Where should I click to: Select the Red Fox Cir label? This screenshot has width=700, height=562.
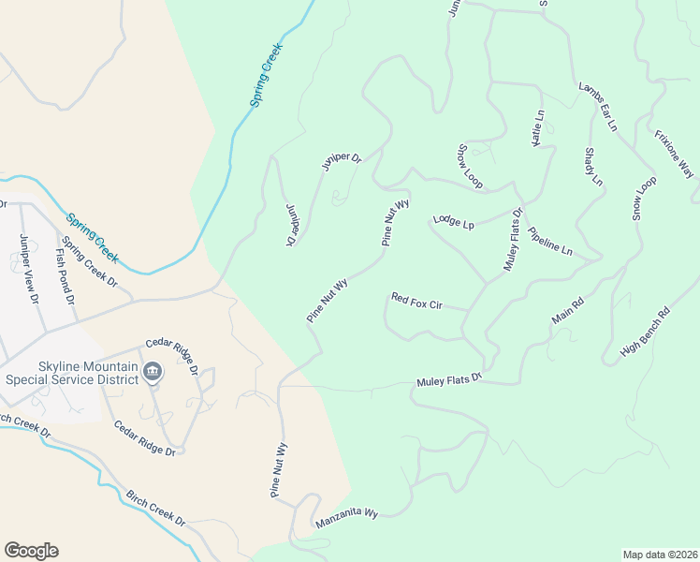coord(416,303)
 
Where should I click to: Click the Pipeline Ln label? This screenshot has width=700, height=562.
coord(549,241)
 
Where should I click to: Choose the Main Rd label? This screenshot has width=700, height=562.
coord(568,311)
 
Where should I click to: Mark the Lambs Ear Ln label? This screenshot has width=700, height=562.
coord(598,106)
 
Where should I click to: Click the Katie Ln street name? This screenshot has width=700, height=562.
coord(537,127)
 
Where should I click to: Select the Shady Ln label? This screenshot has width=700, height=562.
coord(592,167)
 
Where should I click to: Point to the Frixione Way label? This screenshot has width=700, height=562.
coord(674,154)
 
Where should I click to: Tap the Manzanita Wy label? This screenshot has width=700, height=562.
coord(346,514)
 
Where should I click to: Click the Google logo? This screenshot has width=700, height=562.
coord(31,551)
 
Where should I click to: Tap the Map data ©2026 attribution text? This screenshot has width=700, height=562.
coord(659,554)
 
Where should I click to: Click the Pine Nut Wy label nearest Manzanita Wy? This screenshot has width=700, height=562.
coord(278,471)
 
